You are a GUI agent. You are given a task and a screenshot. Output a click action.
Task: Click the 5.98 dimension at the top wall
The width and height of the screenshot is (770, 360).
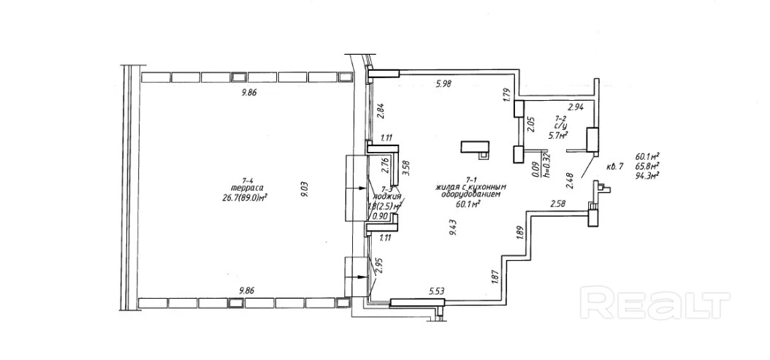(x=443, y=84)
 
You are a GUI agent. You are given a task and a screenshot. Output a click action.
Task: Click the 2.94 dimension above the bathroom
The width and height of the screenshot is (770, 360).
(x=577, y=107)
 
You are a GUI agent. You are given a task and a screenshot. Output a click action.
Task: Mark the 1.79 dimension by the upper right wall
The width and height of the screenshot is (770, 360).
(x=505, y=95)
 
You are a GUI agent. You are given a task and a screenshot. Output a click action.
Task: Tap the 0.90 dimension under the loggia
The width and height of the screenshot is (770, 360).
(x=379, y=216)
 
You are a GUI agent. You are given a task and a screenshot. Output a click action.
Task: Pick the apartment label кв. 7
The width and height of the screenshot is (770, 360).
(x=614, y=166)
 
